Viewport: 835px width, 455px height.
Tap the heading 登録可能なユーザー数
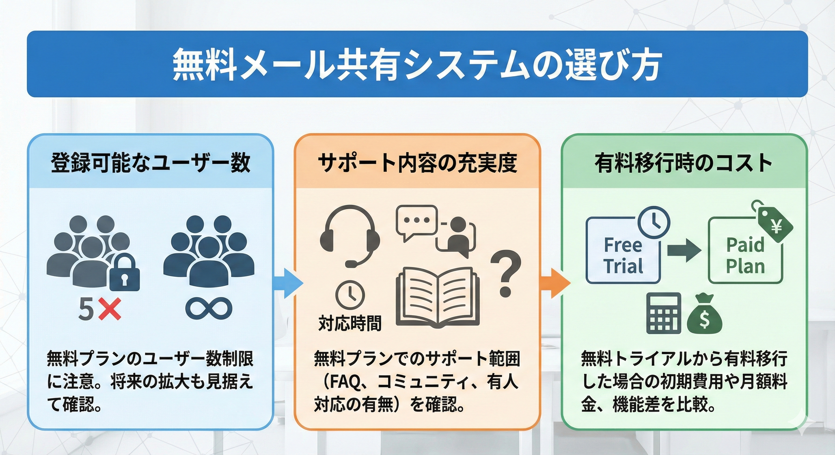[x=150, y=163]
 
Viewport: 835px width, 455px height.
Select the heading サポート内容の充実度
[x=417, y=163]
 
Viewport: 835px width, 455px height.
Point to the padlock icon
[x=125, y=273]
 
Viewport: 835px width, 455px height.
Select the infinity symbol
[x=209, y=308]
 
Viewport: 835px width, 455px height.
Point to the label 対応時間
[x=350, y=323]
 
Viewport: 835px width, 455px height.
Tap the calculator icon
[x=664, y=313]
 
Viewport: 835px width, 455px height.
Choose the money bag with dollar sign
[x=704, y=314]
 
